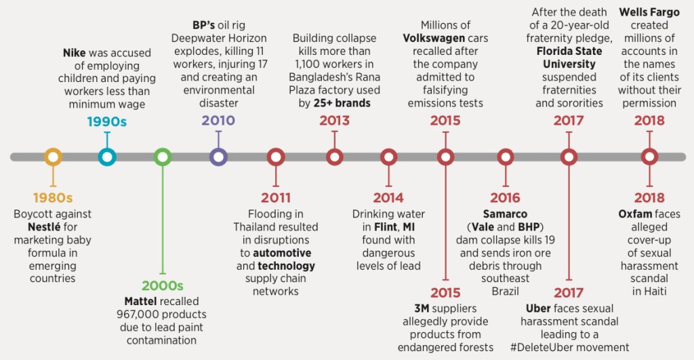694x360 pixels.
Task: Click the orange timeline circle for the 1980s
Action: tap(53, 157)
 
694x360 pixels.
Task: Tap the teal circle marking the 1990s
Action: tap(106, 157)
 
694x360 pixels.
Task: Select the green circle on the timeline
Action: tap(163, 157)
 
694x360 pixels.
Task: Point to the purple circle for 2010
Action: tap(218, 157)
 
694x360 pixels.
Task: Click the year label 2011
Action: tap(275, 198)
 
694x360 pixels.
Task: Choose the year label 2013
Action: tap(334, 121)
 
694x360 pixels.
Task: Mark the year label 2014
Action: tap(388, 198)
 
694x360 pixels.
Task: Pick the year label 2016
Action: tap(505, 198)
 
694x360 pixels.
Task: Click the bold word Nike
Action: tap(74, 52)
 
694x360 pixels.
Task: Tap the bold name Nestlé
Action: tap(49, 227)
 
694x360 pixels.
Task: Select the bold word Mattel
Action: tap(143, 301)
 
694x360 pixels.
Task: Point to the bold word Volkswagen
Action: tap(434, 38)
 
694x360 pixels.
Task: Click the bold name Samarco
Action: tap(505, 214)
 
